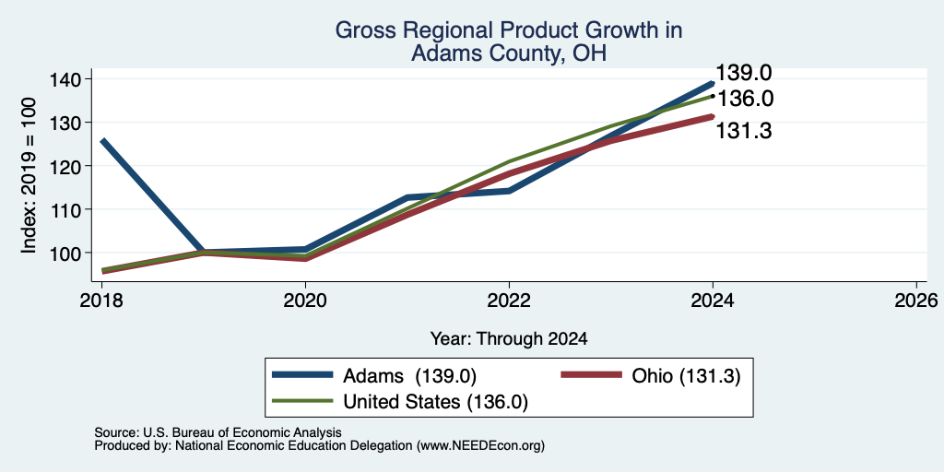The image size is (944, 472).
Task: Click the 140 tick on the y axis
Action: tap(74, 79)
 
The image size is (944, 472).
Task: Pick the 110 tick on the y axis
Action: tap(74, 209)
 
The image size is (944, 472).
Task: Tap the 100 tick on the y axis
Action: tap(74, 253)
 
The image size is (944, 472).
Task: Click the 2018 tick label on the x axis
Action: tap(101, 301)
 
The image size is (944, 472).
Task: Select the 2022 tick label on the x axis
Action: tap(509, 301)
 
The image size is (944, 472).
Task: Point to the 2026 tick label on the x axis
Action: tap(916, 301)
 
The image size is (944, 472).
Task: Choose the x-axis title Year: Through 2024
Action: tap(509, 339)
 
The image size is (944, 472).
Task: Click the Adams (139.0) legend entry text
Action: tap(409, 376)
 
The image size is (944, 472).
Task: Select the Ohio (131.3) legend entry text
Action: tap(686, 376)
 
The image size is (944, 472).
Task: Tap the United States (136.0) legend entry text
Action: tap(435, 402)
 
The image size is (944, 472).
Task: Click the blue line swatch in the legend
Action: tap(302, 375)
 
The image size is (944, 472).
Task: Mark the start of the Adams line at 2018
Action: tap(103, 140)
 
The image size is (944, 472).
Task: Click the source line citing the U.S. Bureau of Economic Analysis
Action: tap(218, 432)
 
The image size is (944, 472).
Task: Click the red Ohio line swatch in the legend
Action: tap(591, 375)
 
